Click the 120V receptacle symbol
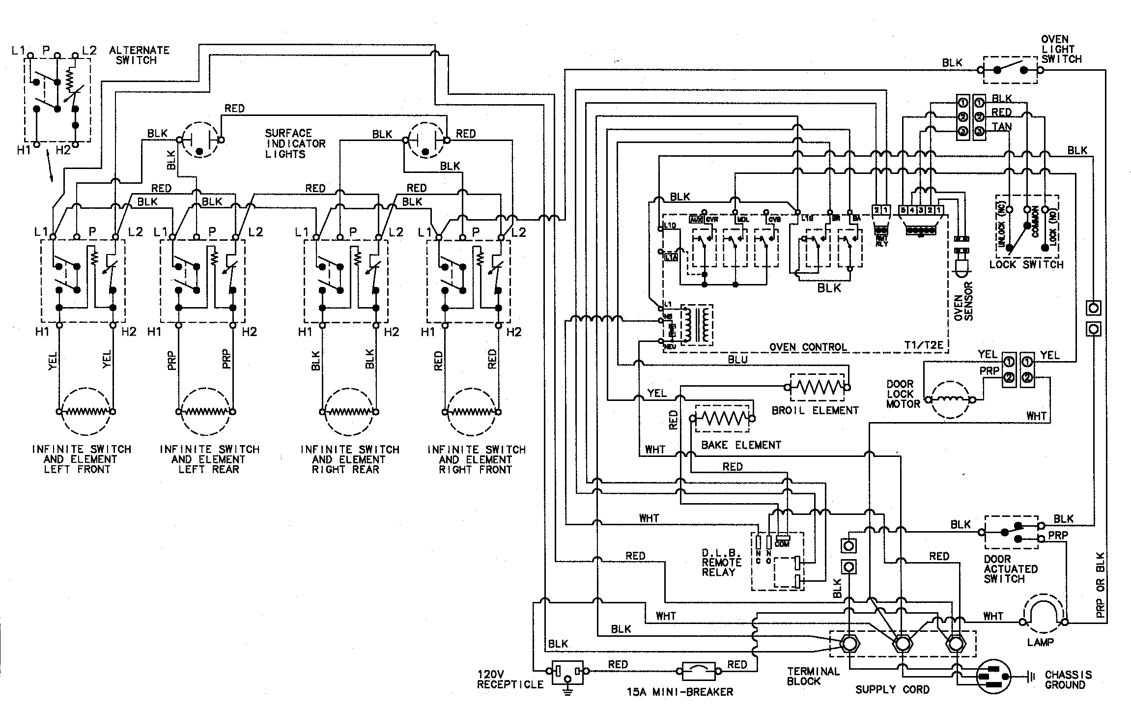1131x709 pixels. (x=567, y=671)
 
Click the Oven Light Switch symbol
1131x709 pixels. (x=1010, y=70)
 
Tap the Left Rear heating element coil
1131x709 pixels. (x=205, y=411)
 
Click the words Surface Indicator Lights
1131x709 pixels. (x=295, y=143)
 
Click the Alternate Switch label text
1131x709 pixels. (x=139, y=55)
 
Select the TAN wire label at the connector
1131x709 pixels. (x=1002, y=127)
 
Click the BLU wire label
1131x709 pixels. (x=737, y=360)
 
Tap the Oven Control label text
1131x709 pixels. (x=808, y=347)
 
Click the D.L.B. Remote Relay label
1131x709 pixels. (x=721, y=562)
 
